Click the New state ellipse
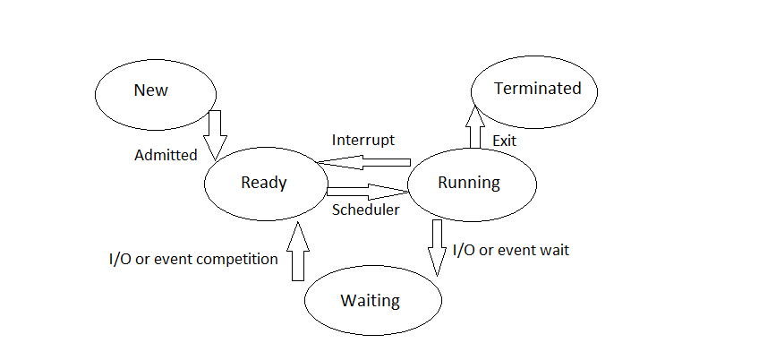156,91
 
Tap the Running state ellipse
472,183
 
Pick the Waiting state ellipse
373,300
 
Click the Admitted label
166,155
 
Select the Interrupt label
362,141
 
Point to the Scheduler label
365,210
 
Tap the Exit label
505,141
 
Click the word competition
235,259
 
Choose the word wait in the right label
552,250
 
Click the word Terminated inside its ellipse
537,89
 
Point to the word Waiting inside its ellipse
370,300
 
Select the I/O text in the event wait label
464,250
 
